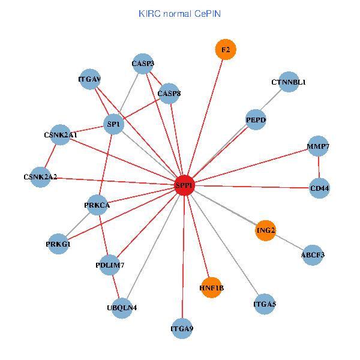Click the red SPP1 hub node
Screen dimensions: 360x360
[x=184, y=186]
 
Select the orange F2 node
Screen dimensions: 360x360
[x=226, y=50]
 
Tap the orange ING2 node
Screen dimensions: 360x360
[x=265, y=230]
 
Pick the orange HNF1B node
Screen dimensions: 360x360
[x=211, y=288]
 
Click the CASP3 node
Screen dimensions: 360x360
[x=143, y=64]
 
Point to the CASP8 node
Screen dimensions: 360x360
[x=169, y=93]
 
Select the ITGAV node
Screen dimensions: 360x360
[x=89, y=79]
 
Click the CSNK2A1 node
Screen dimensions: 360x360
[x=61, y=135]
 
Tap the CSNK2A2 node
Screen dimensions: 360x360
[x=40, y=177]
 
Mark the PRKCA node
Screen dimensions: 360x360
[x=97, y=205]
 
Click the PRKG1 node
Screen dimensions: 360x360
[x=58, y=244]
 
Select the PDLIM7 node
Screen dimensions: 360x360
[x=109, y=265]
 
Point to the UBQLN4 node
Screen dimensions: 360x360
[x=122, y=308]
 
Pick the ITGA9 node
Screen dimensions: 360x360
[x=182, y=328]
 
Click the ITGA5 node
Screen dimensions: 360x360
[x=265, y=304]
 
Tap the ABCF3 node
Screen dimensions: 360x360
[x=313, y=255]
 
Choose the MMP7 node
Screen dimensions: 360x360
[x=318, y=146]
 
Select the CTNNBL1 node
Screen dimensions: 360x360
[x=289, y=82]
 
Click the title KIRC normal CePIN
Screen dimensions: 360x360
[x=179, y=13]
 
